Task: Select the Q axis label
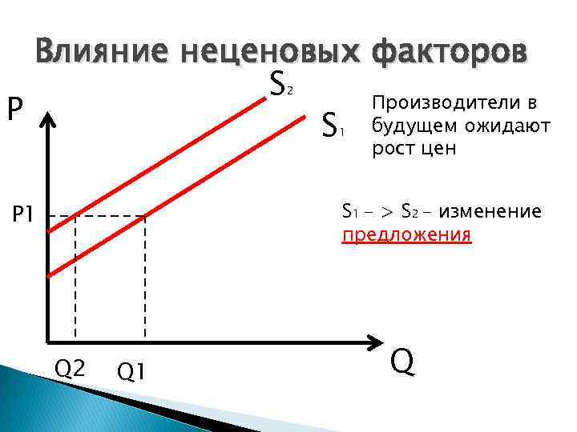(403, 362)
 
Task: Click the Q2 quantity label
(70, 368)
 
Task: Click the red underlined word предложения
(406, 236)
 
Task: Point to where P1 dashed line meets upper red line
(75, 216)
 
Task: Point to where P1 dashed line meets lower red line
(145, 216)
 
